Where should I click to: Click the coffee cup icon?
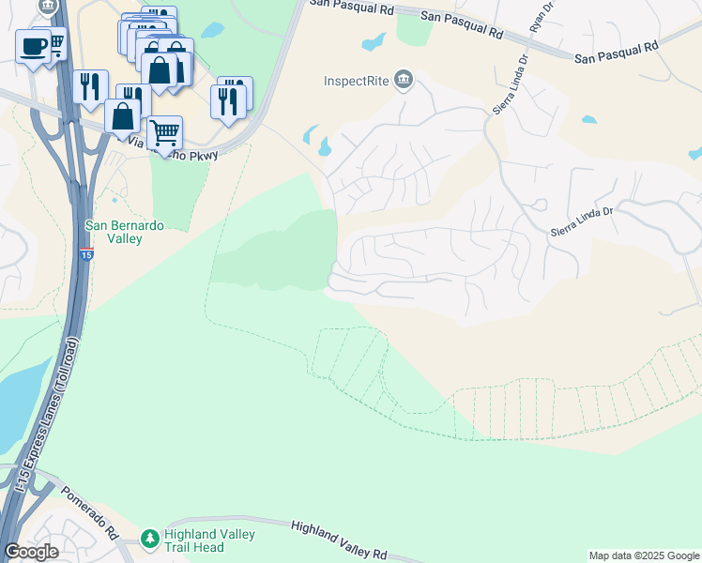(x=33, y=45)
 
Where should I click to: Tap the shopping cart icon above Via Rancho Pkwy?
(x=164, y=132)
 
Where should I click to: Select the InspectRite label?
(x=357, y=80)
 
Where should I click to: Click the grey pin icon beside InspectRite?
(x=404, y=79)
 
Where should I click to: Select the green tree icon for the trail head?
(x=148, y=539)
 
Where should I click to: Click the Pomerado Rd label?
(x=90, y=510)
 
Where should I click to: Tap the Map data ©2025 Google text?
(x=643, y=555)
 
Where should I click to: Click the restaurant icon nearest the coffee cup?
(x=90, y=87)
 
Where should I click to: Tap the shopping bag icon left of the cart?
(x=123, y=116)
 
